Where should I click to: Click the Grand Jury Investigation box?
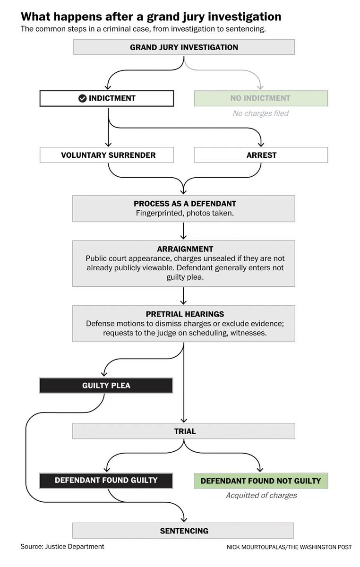tap(184, 47)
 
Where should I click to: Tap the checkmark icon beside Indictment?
tap(82, 98)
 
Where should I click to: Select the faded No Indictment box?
tap(260, 98)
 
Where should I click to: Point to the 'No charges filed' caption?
tap(260, 113)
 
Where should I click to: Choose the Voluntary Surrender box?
tap(108, 155)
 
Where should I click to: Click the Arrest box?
tap(261, 155)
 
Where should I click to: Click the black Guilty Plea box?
tap(106, 386)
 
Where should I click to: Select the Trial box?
tap(184, 431)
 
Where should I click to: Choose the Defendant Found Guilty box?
tap(106, 480)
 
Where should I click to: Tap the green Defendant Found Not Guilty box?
tap(261, 481)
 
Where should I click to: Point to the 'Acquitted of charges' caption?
tap(261, 496)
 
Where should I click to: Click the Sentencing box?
tap(183, 531)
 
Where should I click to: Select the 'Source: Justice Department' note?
tap(62, 547)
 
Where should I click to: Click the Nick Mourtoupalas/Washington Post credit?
tap(289, 547)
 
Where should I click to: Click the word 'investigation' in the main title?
tap(242, 17)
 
